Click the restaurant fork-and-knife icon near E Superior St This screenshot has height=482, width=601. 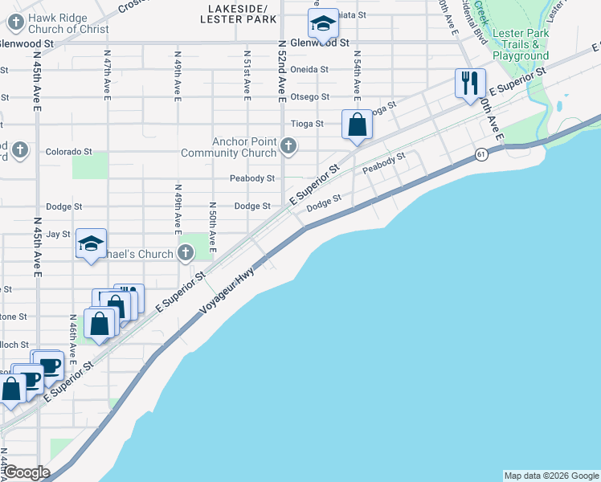click(x=470, y=83)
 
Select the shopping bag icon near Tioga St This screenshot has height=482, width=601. click(x=357, y=125)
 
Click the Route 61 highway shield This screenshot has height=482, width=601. click(x=480, y=153)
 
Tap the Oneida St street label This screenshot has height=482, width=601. click(x=309, y=69)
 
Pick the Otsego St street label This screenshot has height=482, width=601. click(x=309, y=96)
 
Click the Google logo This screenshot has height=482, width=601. click(x=27, y=472)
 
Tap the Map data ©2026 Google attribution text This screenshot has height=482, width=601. click(x=551, y=476)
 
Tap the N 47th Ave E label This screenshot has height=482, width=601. click(x=108, y=73)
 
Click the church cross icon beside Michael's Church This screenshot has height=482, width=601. click(x=186, y=254)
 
